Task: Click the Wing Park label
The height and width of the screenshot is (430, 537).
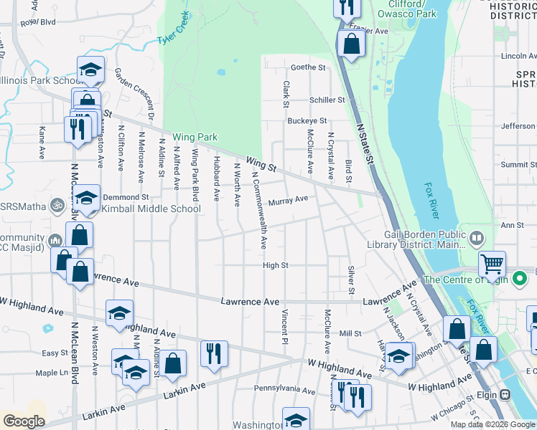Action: (x=194, y=137)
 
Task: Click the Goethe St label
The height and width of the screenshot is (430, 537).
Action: (x=307, y=68)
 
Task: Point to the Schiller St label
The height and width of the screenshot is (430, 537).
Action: (x=327, y=100)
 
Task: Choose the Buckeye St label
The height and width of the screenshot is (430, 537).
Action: (x=307, y=121)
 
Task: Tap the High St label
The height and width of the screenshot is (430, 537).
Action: (x=275, y=265)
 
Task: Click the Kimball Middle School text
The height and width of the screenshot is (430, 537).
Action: (x=151, y=209)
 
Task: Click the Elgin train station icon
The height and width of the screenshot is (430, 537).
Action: (x=505, y=393)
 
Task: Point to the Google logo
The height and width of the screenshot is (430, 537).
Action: (x=24, y=421)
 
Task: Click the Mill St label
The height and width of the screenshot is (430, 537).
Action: (x=350, y=334)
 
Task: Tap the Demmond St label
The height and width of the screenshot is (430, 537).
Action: (x=126, y=196)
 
